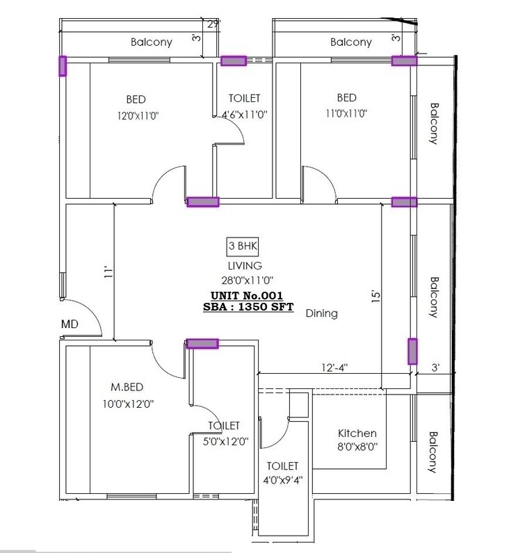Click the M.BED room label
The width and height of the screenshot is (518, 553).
pyautogui.click(x=127, y=386)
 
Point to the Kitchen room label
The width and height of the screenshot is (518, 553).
pyautogui.click(x=357, y=433)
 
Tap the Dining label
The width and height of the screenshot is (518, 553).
pyautogui.click(x=321, y=313)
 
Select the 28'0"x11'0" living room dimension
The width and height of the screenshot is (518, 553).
pyautogui.click(x=244, y=279)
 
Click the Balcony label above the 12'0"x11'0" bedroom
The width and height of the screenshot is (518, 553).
pyautogui.click(x=152, y=42)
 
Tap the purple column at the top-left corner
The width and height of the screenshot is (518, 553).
pyautogui.click(x=63, y=66)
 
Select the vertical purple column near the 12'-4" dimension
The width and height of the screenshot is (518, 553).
pyautogui.click(x=412, y=352)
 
